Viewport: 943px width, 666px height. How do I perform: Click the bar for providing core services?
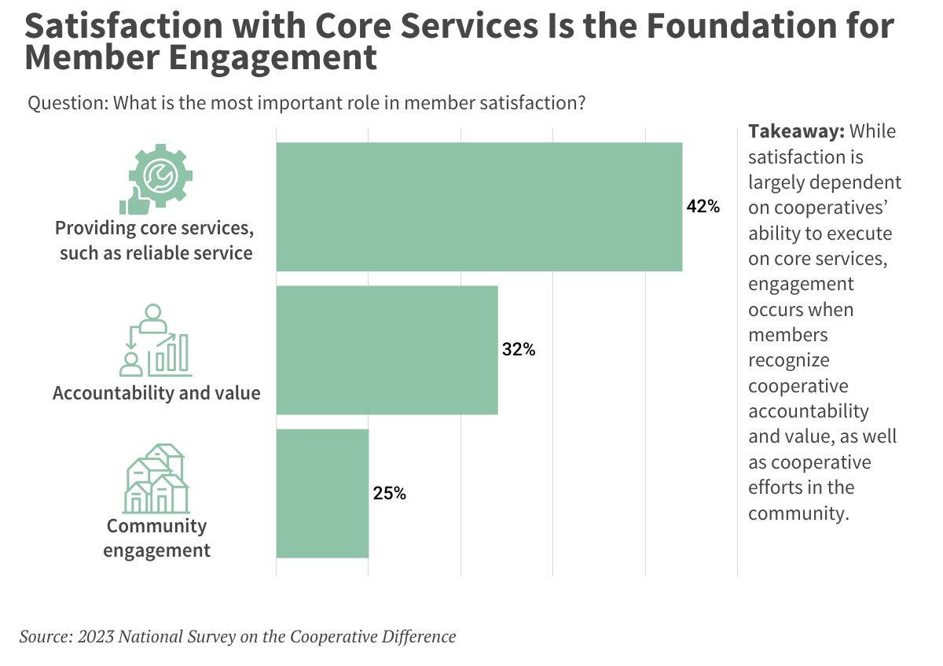pyautogui.click(x=479, y=207)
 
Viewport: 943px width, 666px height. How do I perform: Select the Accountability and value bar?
pyautogui.click(x=387, y=350)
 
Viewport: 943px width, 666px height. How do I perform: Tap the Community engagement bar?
pyautogui.click(x=322, y=493)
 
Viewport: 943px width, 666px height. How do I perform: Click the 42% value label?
pyautogui.click(x=703, y=207)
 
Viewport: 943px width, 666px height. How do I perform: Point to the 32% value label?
pyautogui.click(x=519, y=351)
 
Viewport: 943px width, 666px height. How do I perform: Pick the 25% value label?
pyautogui.click(x=389, y=494)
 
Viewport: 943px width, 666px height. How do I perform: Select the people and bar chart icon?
pyautogui.click(x=155, y=339)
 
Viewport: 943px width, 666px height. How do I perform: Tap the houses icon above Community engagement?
pyautogui.click(x=156, y=479)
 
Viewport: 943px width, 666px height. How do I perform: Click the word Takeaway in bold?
pyautogui.click(x=795, y=131)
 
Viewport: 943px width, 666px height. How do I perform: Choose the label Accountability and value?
pyautogui.click(x=156, y=392)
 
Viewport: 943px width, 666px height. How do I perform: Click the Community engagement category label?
pyautogui.click(x=156, y=538)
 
